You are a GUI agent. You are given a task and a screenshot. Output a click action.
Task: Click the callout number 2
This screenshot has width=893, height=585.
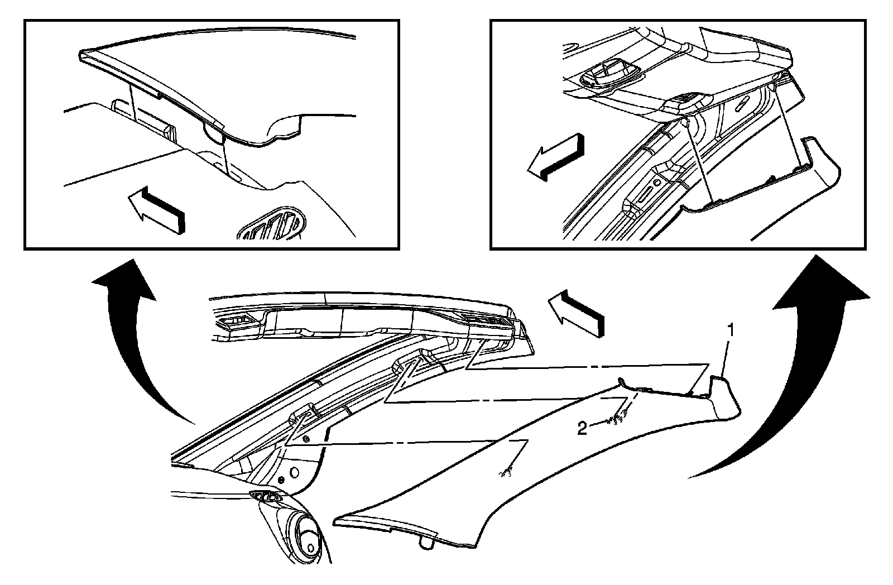(x=582, y=428)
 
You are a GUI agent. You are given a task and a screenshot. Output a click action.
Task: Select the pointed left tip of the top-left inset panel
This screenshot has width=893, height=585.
(x=81, y=54)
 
